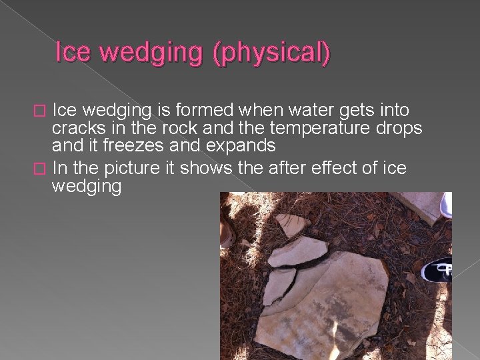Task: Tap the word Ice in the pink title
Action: coord(73,53)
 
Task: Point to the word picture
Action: coord(136,168)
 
